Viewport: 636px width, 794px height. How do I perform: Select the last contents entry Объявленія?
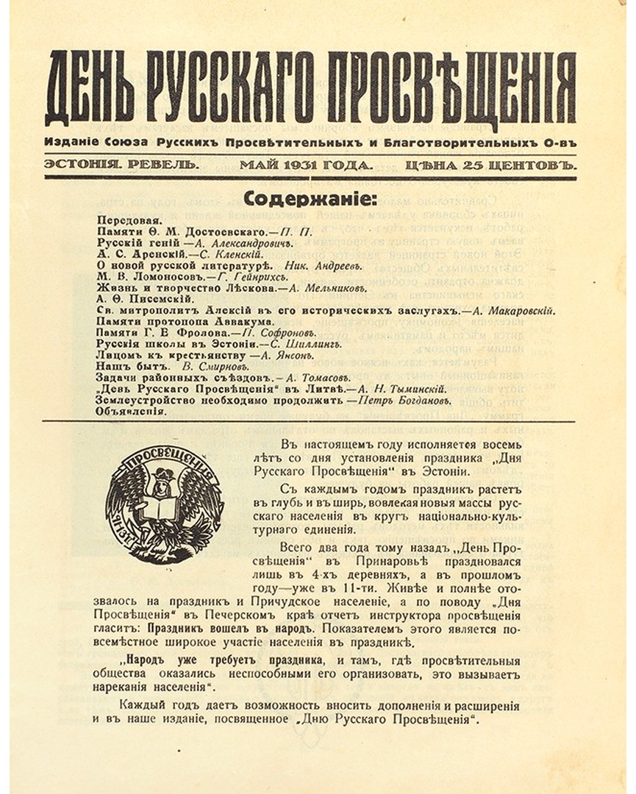tap(131, 412)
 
